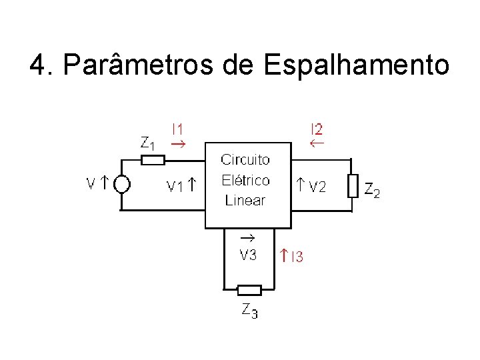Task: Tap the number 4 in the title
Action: click(38, 65)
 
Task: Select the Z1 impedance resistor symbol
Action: click(153, 160)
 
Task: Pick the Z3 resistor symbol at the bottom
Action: click(249, 290)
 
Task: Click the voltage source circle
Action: click(121, 184)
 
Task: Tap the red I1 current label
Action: click(179, 129)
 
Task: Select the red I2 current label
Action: click(316, 129)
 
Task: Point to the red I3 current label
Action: click(295, 256)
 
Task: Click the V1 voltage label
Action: click(175, 187)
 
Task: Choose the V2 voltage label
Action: click(316, 187)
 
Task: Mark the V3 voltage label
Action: click(248, 255)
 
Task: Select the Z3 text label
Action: click(249, 311)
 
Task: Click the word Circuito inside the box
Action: click(245, 160)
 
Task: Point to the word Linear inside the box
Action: click(245, 200)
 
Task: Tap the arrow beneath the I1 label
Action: click(178, 143)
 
